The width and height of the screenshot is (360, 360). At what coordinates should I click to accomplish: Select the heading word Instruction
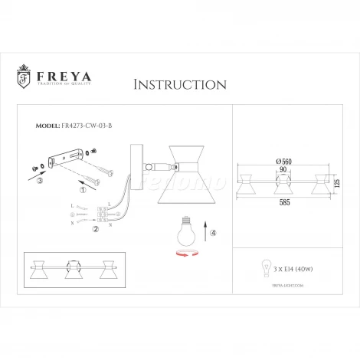pos(179,83)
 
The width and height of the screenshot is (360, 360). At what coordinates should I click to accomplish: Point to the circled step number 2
pos(95,228)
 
